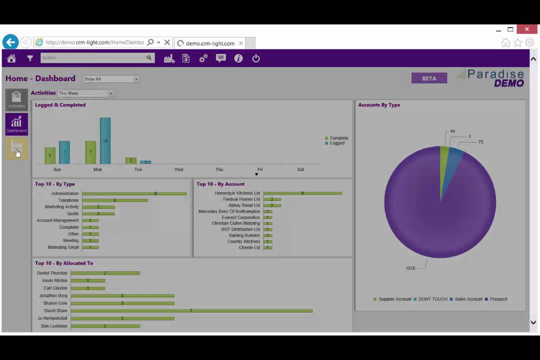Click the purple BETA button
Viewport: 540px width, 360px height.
429,78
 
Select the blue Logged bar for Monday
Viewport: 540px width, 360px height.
105,141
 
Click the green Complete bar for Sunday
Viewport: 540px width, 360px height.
50,155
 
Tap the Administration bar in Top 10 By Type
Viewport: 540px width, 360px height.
134,193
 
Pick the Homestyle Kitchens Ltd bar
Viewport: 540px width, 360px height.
302,193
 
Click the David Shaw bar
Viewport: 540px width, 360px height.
191,310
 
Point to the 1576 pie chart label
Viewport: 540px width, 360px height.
410,268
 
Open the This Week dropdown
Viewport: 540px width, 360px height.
85,93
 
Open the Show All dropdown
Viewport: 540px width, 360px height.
110,79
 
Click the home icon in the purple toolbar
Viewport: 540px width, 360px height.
11,58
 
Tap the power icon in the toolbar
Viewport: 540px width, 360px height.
256,58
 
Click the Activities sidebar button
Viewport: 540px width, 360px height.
16,99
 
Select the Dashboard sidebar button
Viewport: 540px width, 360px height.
16,124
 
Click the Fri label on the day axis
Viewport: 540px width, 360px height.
259,169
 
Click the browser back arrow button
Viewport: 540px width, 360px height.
10,42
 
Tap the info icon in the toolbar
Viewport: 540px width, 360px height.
238,58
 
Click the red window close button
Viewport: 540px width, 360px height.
526,29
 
